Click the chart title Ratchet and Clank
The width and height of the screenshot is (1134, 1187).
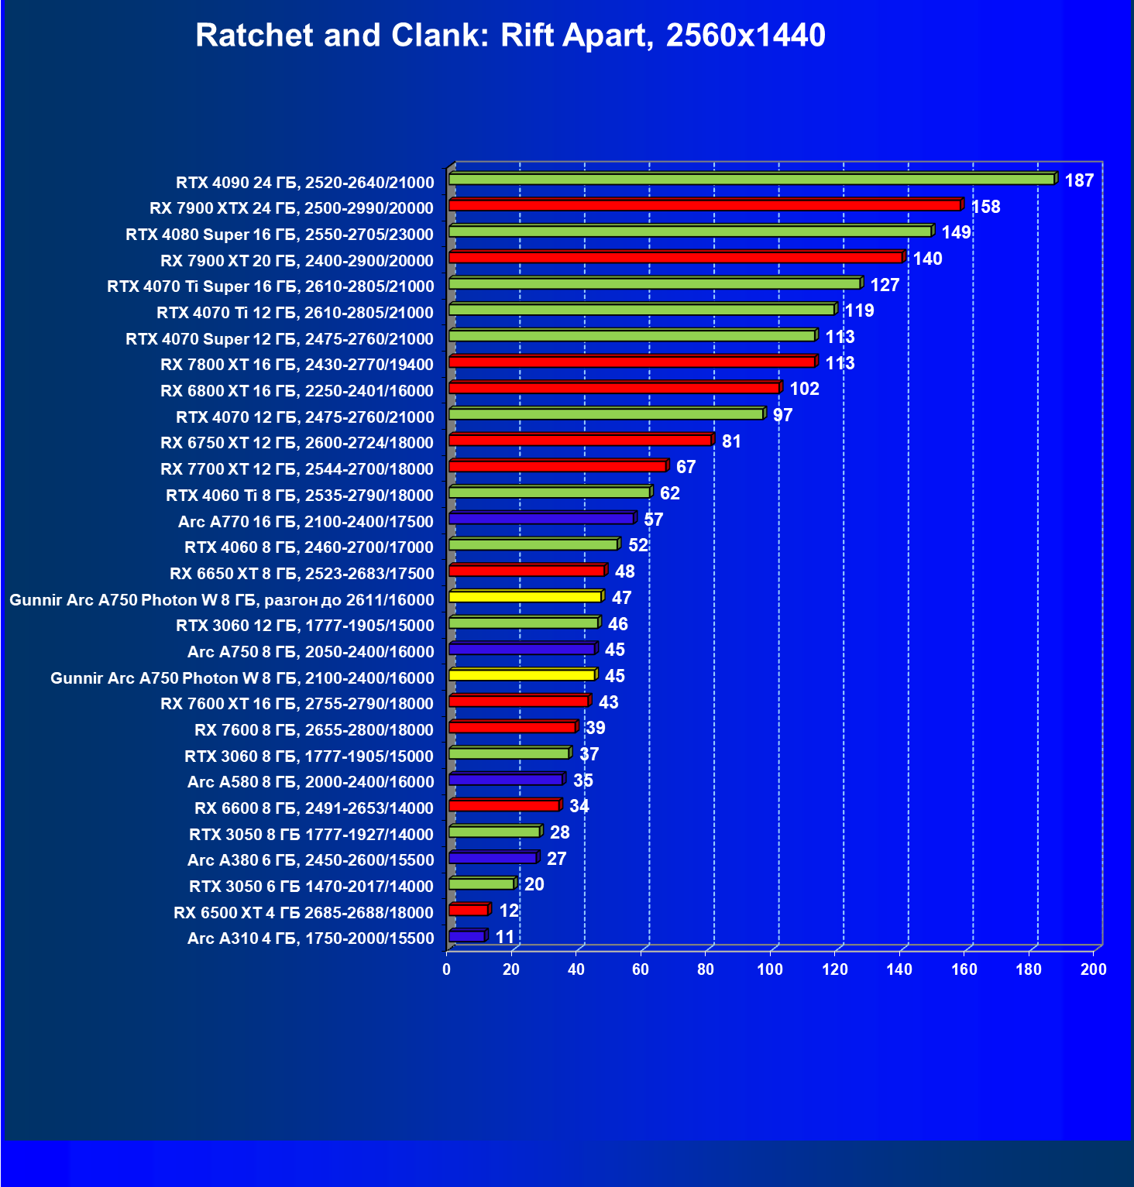point(510,36)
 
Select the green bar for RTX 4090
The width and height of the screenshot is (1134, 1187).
point(751,180)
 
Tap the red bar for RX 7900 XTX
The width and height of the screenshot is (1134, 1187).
point(705,205)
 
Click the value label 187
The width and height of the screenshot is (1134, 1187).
point(1079,180)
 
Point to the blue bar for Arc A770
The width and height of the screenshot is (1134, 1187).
point(541,519)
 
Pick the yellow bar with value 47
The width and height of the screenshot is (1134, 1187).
point(525,597)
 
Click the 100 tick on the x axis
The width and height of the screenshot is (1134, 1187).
point(770,969)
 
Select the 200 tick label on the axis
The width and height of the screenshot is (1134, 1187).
point(1094,969)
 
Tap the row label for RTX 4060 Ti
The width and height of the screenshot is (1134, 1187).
point(300,496)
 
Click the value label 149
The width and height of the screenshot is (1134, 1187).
point(956,232)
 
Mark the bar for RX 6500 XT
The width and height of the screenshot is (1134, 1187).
point(469,910)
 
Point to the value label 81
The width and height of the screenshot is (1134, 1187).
point(731,441)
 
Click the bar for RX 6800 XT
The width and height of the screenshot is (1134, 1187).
point(614,388)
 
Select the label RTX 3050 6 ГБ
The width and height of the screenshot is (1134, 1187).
point(311,887)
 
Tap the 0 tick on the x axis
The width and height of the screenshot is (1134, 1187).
point(446,969)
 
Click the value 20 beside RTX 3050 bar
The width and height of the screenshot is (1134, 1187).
point(534,884)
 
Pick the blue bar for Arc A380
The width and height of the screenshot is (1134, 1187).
point(493,858)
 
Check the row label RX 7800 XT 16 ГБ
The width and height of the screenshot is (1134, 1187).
point(297,365)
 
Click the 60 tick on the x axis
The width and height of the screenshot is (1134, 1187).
point(641,969)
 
